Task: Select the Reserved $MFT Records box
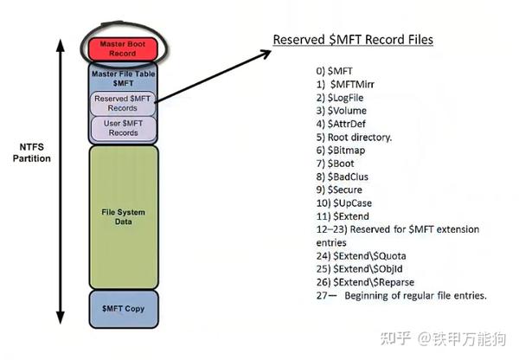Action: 123,103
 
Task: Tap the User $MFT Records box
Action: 123,128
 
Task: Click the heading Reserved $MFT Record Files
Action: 353,40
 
